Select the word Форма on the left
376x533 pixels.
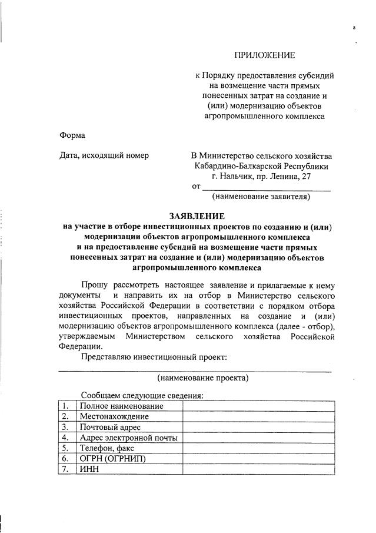click(x=72, y=135)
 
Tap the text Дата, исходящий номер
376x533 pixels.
click(x=104, y=155)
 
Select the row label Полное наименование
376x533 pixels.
click(x=121, y=406)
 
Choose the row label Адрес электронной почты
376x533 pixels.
click(x=128, y=438)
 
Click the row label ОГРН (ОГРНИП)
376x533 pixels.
click(x=112, y=459)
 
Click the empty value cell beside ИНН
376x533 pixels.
click(x=258, y=469)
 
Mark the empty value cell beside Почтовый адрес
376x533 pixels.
click(x=258, y=427)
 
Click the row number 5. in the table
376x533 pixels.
click(x=66, y=448)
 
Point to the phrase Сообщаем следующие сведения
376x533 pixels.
click(x=142, y=395)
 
